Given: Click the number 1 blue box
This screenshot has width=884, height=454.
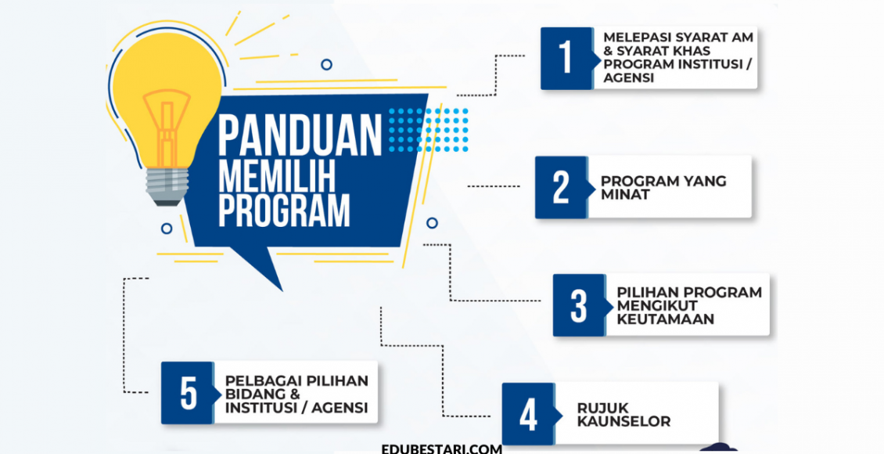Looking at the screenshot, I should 566,59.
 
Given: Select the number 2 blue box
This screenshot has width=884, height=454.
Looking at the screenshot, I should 561,187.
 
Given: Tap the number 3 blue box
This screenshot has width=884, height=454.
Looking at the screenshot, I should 579,305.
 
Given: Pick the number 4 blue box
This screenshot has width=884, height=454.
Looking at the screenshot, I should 528,414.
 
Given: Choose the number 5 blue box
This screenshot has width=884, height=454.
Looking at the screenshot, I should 188,393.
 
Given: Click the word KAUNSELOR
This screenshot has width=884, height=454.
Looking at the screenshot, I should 623,421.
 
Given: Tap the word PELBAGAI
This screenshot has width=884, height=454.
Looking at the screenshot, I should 257,380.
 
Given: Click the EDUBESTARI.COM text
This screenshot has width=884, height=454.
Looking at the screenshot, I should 442,449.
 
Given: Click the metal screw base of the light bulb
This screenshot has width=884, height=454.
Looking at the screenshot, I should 165,189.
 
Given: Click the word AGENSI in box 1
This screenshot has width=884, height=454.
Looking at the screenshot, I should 628,78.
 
